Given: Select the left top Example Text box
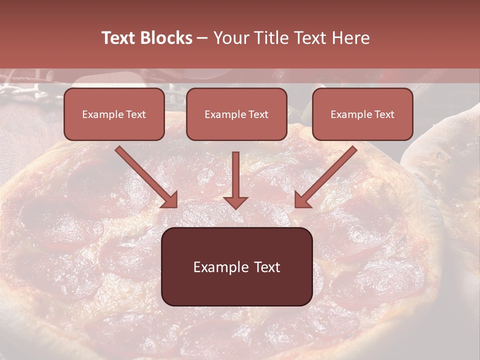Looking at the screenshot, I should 114,114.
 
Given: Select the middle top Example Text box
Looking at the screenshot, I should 236,114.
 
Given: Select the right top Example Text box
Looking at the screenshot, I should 362,114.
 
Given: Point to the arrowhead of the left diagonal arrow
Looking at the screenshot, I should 170,199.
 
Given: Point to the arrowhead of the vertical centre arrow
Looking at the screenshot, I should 235,202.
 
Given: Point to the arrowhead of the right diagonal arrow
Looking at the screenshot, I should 302,199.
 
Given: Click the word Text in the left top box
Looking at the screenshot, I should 135,114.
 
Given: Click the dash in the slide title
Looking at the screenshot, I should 202,38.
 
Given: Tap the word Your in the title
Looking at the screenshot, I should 230,38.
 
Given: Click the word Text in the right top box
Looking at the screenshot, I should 384,114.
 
